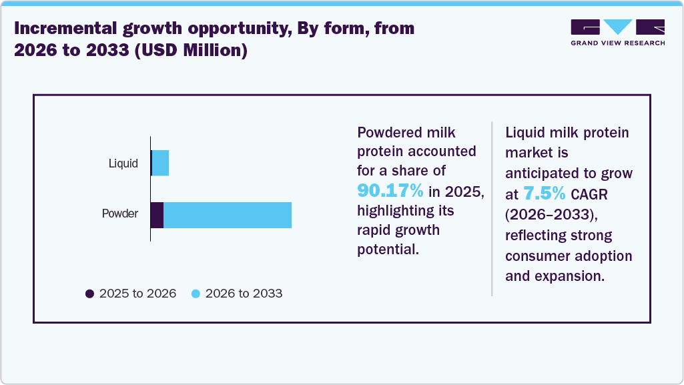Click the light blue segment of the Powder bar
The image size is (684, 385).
pos(227,215)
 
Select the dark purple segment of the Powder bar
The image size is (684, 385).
pos(157,215)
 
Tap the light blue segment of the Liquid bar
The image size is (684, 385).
pos(161,163)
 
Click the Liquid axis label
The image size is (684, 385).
pos(123,163)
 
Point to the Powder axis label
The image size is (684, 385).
pos(119,214)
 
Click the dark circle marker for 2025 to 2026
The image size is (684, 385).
pos(89,294)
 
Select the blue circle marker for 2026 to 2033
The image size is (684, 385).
pos(196,294)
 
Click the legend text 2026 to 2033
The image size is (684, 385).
pos(244,294)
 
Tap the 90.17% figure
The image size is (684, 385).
pos(390,191)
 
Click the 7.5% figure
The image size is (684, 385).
pos(545,194)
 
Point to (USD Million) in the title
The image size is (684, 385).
pos(192,51)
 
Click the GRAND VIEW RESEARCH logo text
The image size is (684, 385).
pos(617,43)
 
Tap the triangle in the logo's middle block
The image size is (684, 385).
pos(617,27)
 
